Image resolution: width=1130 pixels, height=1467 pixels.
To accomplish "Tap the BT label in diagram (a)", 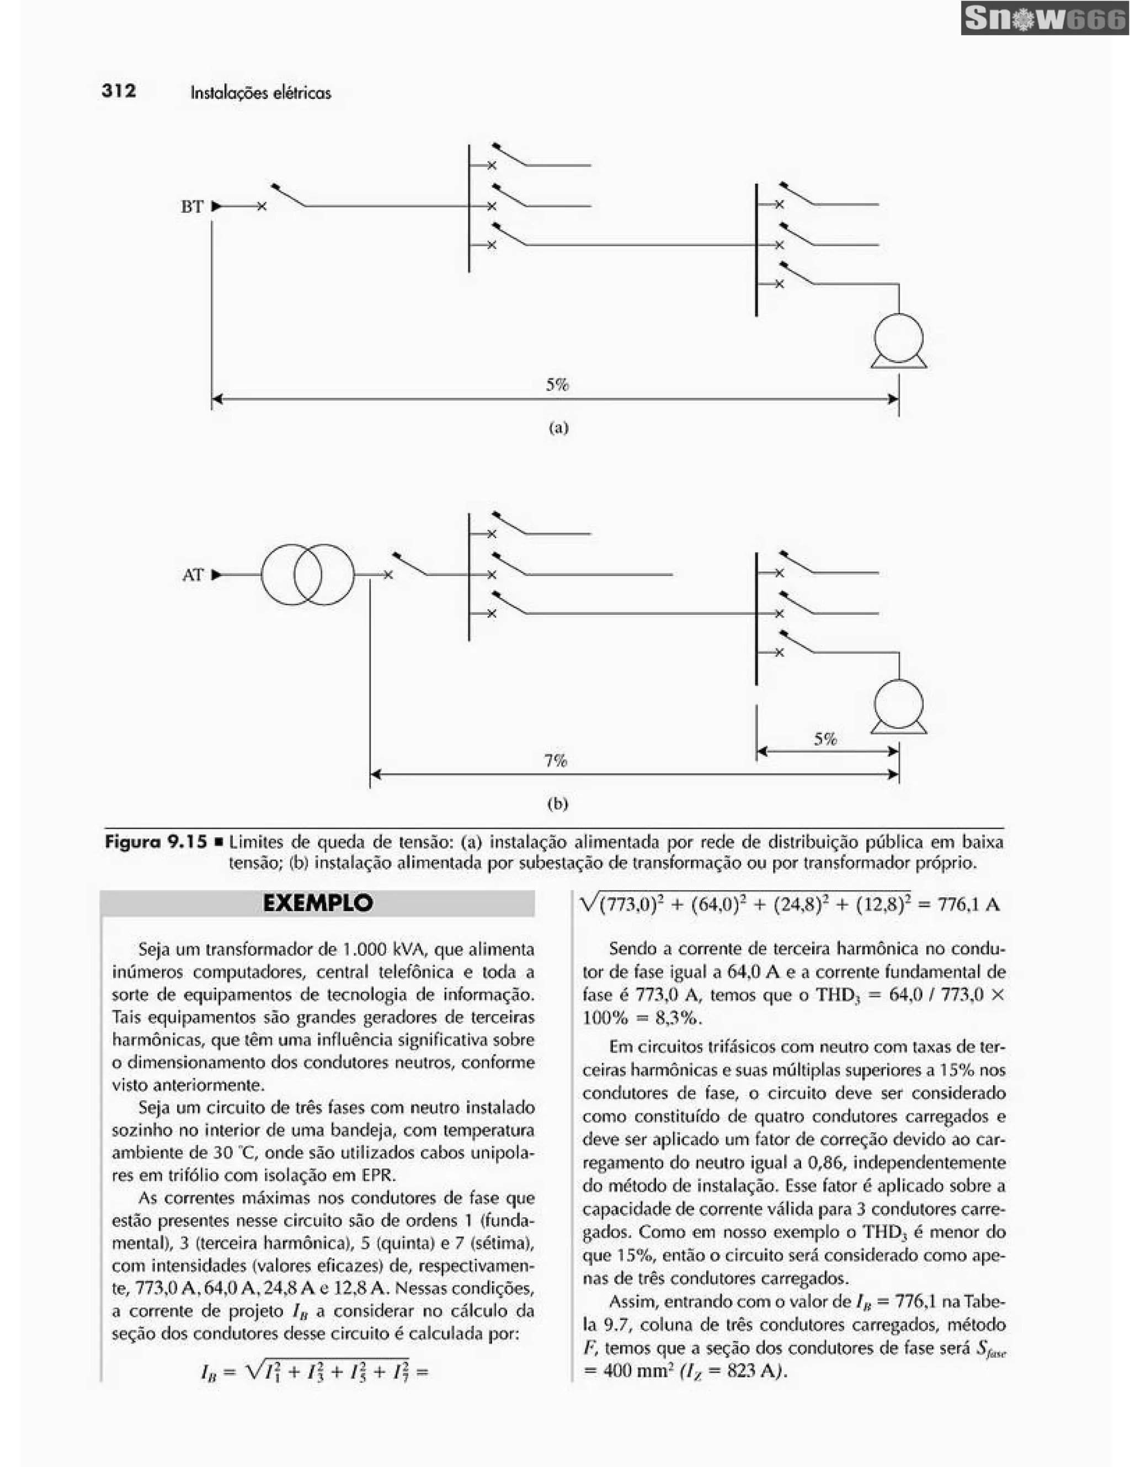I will click(191, 206).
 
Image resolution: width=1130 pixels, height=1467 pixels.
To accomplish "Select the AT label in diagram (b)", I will click(192, 575).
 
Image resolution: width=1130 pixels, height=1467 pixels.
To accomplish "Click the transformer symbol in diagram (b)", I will click(308, 575).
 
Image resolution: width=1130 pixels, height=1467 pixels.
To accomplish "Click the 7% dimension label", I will click(556, 761).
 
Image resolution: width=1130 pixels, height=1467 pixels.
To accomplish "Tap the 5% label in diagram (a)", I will click(557, 385).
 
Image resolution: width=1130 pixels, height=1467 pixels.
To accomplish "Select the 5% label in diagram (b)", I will click(825, 740).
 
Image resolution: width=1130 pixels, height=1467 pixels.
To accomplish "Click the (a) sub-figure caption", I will click(558, 427).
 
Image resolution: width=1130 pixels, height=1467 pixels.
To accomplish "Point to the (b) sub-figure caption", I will click(558, 804).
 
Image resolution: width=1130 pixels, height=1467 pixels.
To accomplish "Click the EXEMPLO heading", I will click(318, 903).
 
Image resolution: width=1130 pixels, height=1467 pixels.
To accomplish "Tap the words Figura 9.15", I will click(156, 842).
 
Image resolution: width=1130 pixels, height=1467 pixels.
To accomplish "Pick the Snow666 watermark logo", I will click(1044, 18).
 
